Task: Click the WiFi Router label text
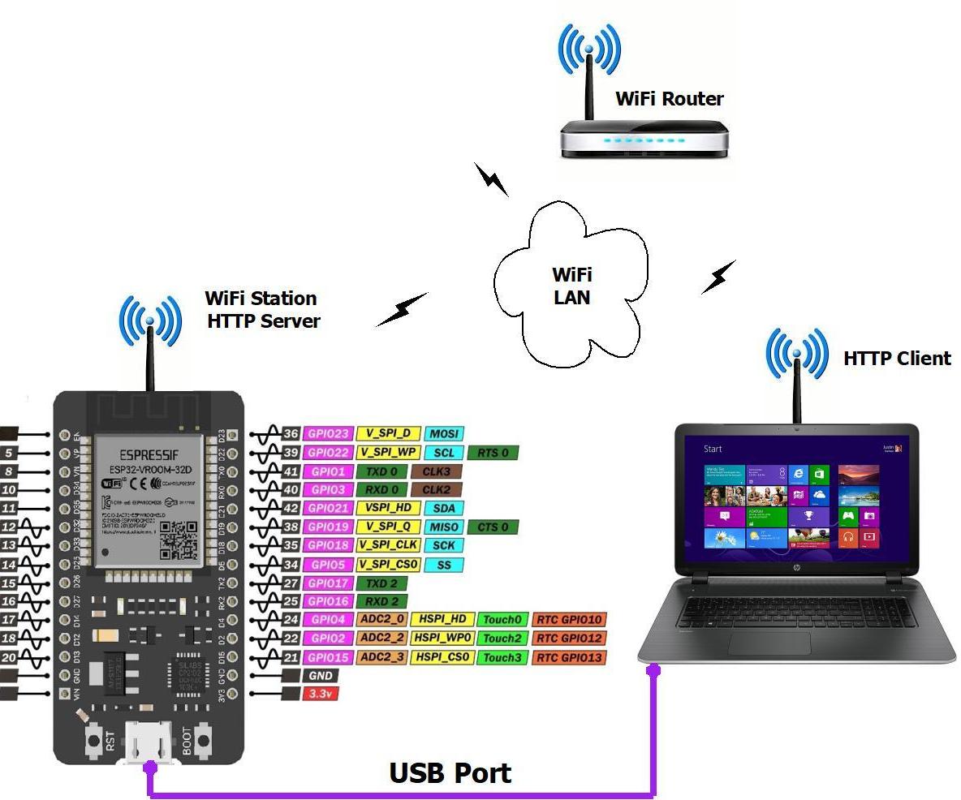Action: pyautogui.click(x=669, y=99)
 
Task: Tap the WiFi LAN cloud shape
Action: pyautogui.click(x=571, y=285)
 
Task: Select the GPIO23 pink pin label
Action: pyautogui.click(x=329, y=434)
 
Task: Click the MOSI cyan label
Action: pyautogui.click(x=445, y=434)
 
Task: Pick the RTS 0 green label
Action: pyautogui.click(x=493, y=453)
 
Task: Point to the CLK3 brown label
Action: pyautogui.click(x=436, y=471)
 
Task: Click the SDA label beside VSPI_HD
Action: pyautogui.click(x=444, y=509)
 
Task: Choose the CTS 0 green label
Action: pyautogui.click(x=493, y=527)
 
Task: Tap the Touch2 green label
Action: pyautogui.click(x=502, y=639)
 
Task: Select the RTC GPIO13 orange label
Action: pyautogui.click(x=570, y=657)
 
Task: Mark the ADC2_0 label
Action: pyautogui.click(x=381, y=620)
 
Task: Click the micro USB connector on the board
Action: pyautogui.click(x=149, y=742)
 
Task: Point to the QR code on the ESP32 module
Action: pyautogui.click(x=177, y=539)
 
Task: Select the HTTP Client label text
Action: pyautogui.click(x=897, y=359)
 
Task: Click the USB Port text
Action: pyautogui.click(x=450, y=773)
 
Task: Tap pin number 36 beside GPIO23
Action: pyautogui.click(x=291, y=434)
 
